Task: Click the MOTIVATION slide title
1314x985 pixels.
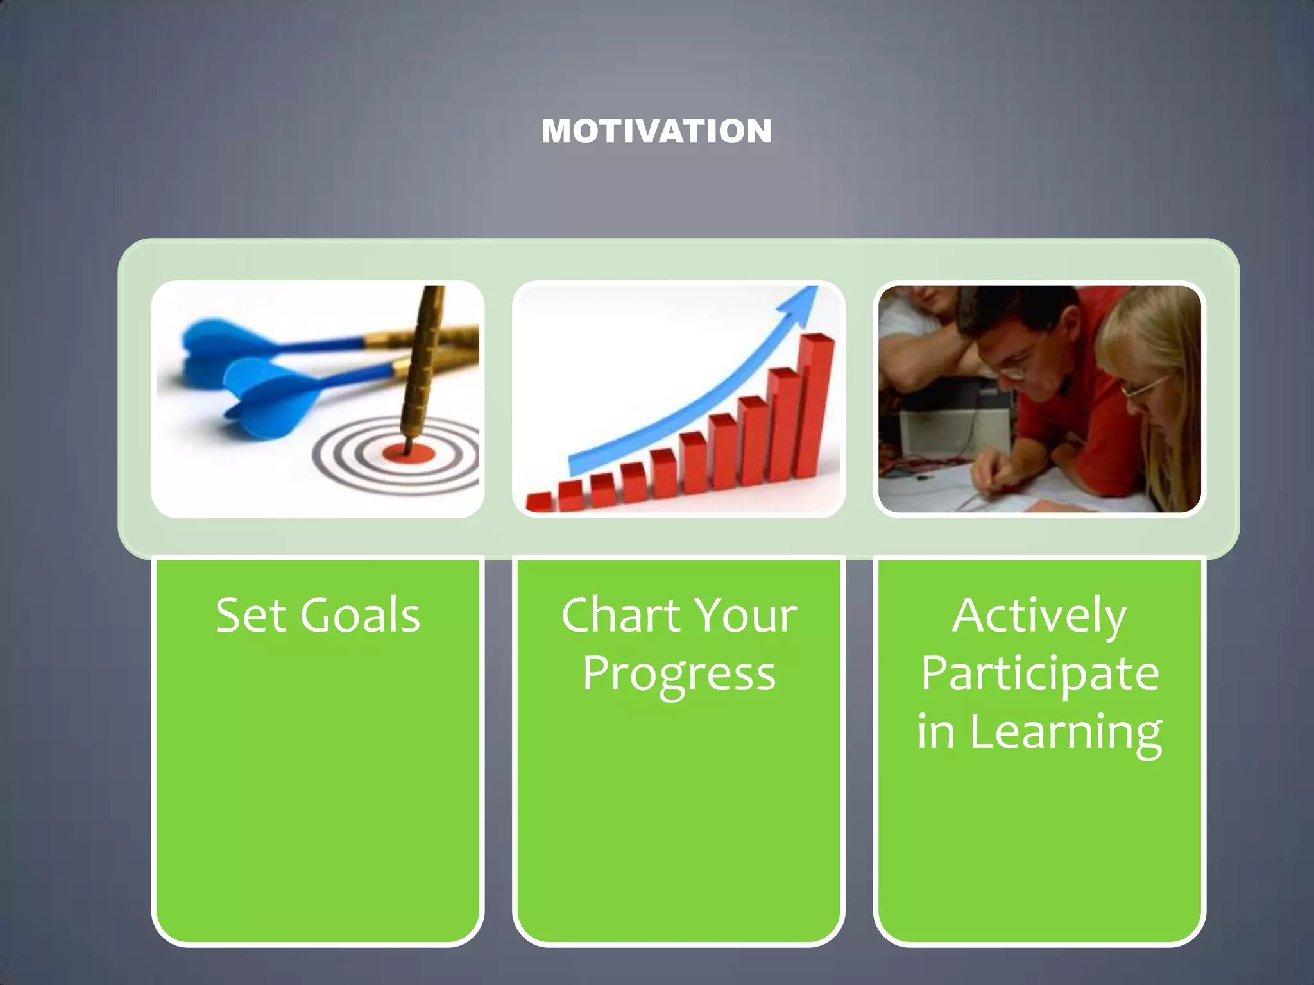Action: [656, 131]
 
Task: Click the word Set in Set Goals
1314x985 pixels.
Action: [250, 616]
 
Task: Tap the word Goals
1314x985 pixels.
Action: [360, 616]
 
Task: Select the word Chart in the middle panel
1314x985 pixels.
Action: [620, 616]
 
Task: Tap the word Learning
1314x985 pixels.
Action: [1065, 733]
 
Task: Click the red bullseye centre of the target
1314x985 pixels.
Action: [409, 454]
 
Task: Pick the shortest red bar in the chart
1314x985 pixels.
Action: [539, 502]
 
